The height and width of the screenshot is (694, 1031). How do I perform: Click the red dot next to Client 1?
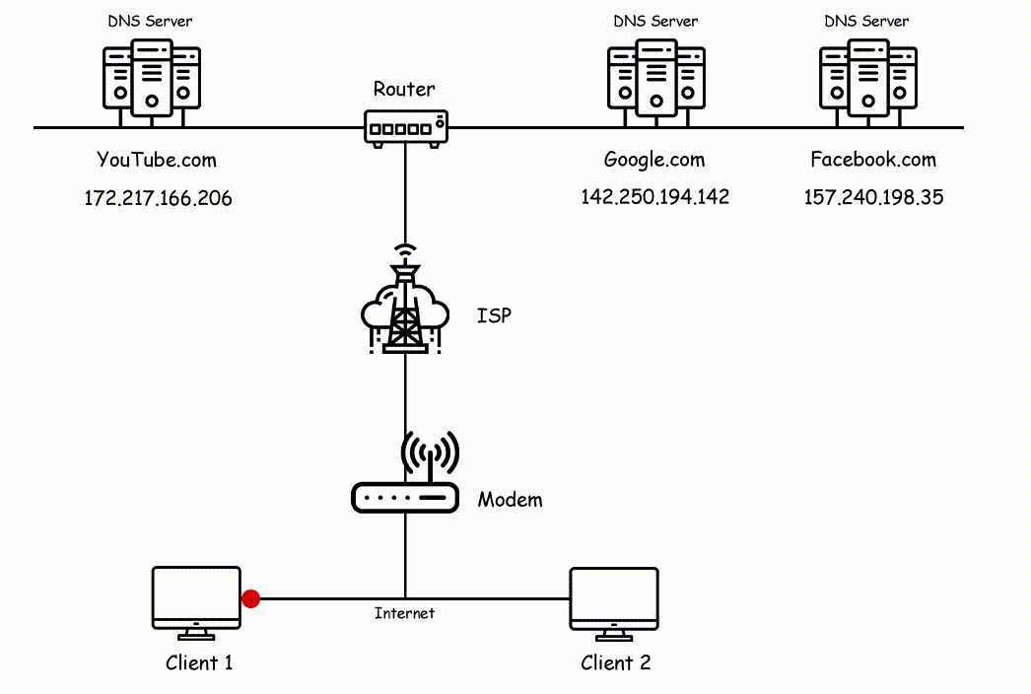point(251,598)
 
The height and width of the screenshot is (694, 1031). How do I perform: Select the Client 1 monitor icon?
point(196,598)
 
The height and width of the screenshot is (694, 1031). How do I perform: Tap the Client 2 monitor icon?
point(614,598)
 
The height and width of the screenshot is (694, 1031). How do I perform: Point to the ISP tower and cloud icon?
point(405,305)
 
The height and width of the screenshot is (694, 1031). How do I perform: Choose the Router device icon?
point(405,128)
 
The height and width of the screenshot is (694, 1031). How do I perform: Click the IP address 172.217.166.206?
point(158,198)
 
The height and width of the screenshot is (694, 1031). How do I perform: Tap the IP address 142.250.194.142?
point(654,197)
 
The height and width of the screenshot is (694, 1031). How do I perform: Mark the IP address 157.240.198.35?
point(873,197)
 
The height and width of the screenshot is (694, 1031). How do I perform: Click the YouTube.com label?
point(156,160)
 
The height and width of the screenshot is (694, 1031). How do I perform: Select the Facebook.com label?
point(872,160)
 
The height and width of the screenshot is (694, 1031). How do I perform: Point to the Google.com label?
point(654,160)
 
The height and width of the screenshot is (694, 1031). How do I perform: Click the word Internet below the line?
point(404,613)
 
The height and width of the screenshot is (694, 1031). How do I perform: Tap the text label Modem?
point(510,500)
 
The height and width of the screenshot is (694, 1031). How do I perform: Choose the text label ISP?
point(494,316)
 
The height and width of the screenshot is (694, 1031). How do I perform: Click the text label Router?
point(403,90)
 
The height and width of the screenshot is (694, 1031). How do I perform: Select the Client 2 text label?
point(615,662)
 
